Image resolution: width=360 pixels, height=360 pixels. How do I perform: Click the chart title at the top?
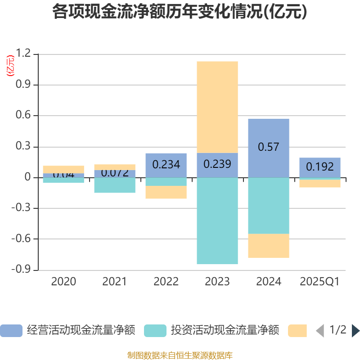point(180,12)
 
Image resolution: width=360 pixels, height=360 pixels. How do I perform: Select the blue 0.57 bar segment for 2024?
point(269,135)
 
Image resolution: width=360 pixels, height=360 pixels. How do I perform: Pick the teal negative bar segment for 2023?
point(217,220)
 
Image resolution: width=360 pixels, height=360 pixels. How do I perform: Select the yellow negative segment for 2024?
point(269,246)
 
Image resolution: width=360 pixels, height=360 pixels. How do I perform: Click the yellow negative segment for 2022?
point(166,192)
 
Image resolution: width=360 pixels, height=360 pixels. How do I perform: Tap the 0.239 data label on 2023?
point(217,164)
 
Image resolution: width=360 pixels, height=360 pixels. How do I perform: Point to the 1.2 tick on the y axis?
point(23,54)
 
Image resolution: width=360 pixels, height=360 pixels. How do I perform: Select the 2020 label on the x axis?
point(63,282)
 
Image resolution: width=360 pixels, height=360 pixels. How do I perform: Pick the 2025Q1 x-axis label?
point(320,282)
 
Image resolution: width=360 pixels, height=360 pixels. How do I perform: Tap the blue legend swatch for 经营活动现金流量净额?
point(11,331)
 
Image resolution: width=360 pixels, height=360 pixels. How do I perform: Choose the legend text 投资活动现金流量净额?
point(225,331)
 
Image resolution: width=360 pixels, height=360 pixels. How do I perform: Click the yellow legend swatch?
point(297,331)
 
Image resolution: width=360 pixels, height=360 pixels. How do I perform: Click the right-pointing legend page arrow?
point(355,331)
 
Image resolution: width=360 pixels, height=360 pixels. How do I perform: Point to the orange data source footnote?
point(180,355)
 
